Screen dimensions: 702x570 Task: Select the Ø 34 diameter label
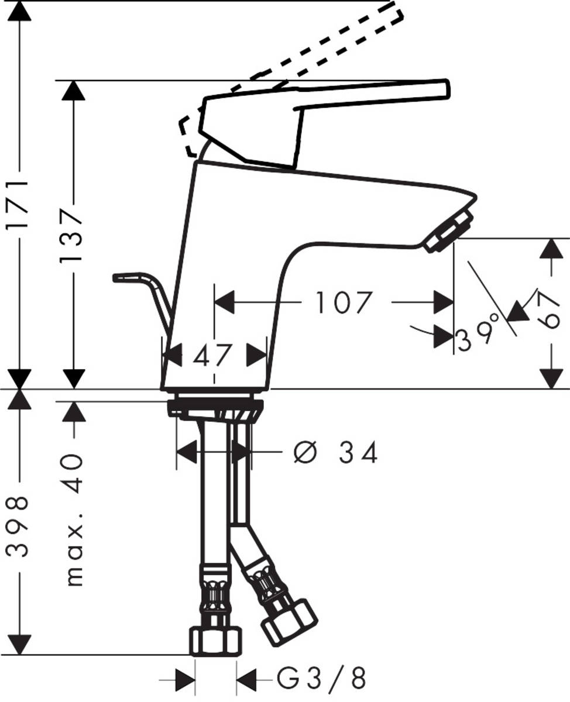click(335, 452)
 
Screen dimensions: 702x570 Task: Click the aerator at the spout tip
click(449, 232)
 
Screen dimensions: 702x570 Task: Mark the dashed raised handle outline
click(328, 41)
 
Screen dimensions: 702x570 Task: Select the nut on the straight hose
click(215, 640)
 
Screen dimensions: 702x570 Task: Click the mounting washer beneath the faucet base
click(214, 407)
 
